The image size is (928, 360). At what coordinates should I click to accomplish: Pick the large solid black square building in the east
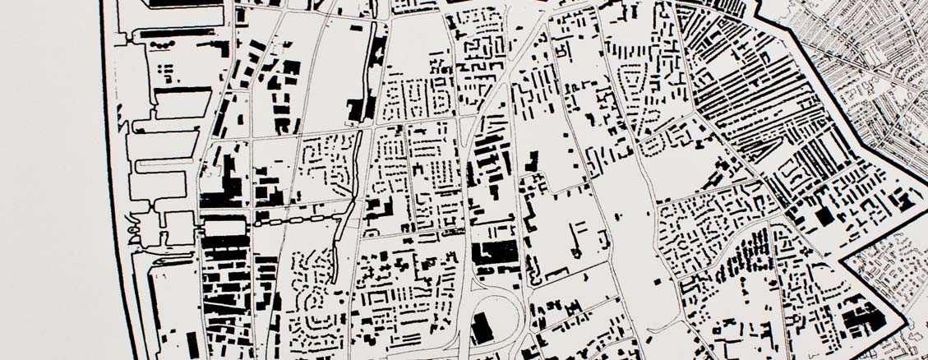(x=824, y=215)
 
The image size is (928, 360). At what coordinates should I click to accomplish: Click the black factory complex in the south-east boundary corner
(x=863, y=316)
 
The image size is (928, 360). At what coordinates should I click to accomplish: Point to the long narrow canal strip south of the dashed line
(x=339, y=247)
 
